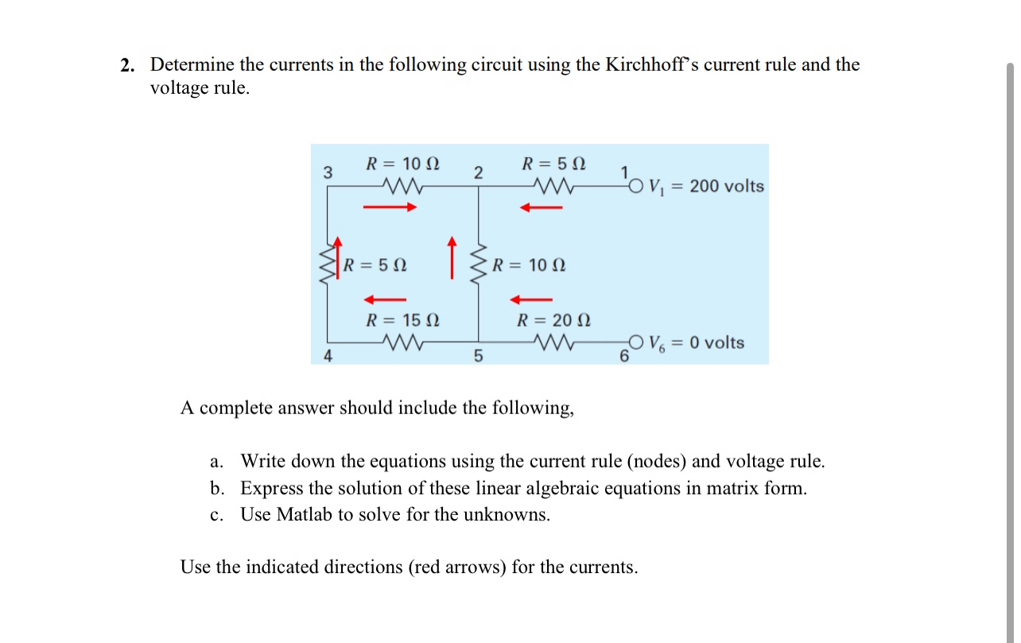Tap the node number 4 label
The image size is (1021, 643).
328,357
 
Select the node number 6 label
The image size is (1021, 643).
625,357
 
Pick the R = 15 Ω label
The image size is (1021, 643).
402,321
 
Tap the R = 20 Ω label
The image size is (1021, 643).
554,321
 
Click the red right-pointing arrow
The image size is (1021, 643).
390,208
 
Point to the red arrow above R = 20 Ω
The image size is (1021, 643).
530,300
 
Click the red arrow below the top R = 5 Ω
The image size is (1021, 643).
541,208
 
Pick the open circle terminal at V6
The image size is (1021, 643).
635,343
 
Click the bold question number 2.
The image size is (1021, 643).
126,65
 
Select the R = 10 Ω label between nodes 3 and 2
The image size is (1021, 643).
402,165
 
